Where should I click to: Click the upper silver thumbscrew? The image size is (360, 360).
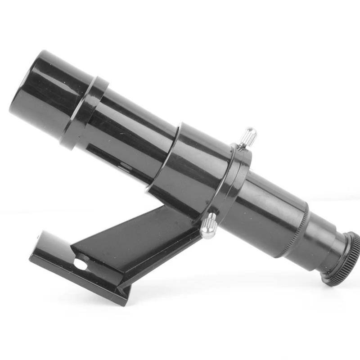point(248,135)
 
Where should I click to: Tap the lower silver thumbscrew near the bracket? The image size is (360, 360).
point(208,225)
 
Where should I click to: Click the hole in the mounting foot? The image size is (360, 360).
point(81,263)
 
